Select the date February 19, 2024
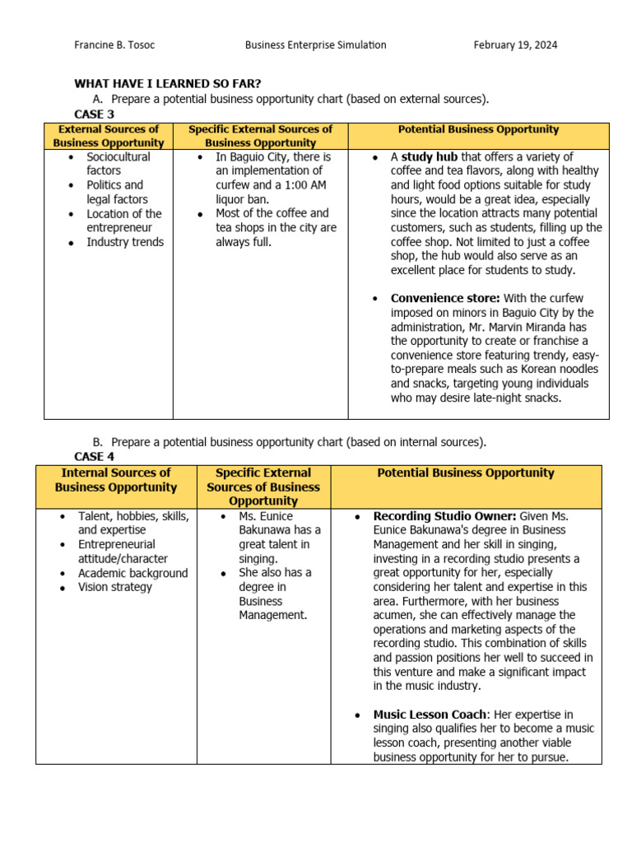click(x=515, y=45)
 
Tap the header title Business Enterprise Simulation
click(x=315, y=45)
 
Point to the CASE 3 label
click(x=95, y=114)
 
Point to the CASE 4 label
click(x=89, y=456)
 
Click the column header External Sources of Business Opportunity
click(x=109, y=136)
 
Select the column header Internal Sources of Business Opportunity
click(x=116, y=480)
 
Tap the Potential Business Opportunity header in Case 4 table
click(x=465, y=473)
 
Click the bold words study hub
click(x=429, y=156)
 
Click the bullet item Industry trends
click(x=125, y=242)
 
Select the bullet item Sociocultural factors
click(x=118, y=163)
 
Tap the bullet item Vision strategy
click(x=115, y=587)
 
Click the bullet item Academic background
click(x=133, y=573)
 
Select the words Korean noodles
click(x=557, y=369)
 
